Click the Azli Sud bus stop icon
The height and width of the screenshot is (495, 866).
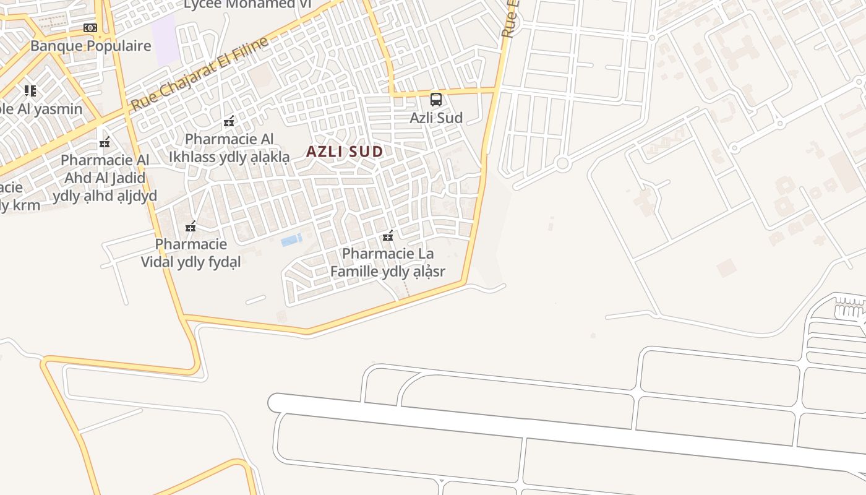[x=436, y=99]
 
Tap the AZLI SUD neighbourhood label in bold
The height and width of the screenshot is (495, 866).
[x=345, y=152]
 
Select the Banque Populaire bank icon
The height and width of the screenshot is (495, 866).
[x=90, y=28]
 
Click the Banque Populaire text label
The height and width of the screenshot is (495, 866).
[x=90, y=46]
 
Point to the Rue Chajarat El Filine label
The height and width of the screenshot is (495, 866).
[x=200, y=74]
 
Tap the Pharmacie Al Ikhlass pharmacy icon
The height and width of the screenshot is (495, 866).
[x=229, y=121]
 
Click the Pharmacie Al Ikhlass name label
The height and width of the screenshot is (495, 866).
[x=229, y=148]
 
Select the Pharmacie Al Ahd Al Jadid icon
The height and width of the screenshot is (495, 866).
[x=105, y=143]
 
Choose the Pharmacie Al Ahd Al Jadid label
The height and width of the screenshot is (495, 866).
[x=105, y=178]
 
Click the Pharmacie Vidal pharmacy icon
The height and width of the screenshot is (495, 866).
[x=191, y=227]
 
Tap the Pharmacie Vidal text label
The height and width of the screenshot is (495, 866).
[x=191, y=253]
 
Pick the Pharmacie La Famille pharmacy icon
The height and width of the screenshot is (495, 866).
[x=388, y=236]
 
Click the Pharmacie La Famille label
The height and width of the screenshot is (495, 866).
[x=388, y=262]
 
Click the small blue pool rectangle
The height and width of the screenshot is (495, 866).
[x=291, y=240]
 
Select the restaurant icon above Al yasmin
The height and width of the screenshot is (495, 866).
[x=30, y=91]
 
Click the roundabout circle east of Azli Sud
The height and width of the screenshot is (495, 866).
[x=562, y=164]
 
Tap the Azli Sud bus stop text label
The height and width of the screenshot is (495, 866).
[x=436, y=118]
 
